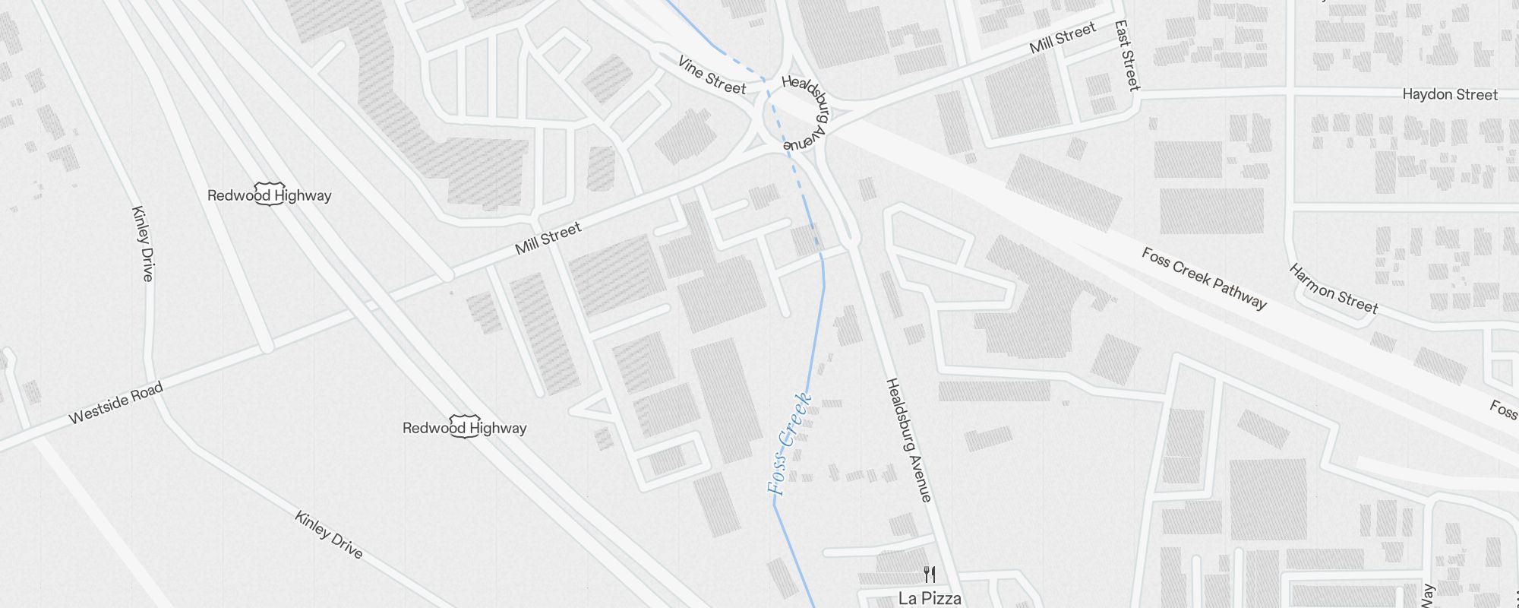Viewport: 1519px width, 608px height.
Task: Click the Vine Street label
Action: point(712,75)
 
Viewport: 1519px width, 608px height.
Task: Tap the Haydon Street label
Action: point(1449,95)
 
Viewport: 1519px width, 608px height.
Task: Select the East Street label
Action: point(1128,55)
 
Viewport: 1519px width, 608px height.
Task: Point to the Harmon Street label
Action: point(1333,289)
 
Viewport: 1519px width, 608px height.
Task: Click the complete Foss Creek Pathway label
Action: point(1204,279)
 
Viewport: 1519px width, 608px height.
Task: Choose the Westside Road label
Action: point(115,404)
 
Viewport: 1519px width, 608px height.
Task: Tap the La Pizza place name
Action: point(930,598)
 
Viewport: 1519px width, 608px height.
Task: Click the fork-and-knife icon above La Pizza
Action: point(929,574)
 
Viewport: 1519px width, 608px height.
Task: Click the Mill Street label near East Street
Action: point(1063,37)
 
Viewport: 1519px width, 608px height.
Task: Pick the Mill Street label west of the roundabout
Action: point(548,238)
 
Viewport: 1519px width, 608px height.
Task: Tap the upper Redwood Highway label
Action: point(270,195)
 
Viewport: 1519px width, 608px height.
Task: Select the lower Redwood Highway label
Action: point(464,428)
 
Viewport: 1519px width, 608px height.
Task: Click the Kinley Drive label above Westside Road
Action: point(143,243)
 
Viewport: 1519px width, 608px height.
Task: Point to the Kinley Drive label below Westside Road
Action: point(329,535)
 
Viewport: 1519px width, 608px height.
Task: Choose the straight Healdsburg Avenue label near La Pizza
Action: point(908,440)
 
